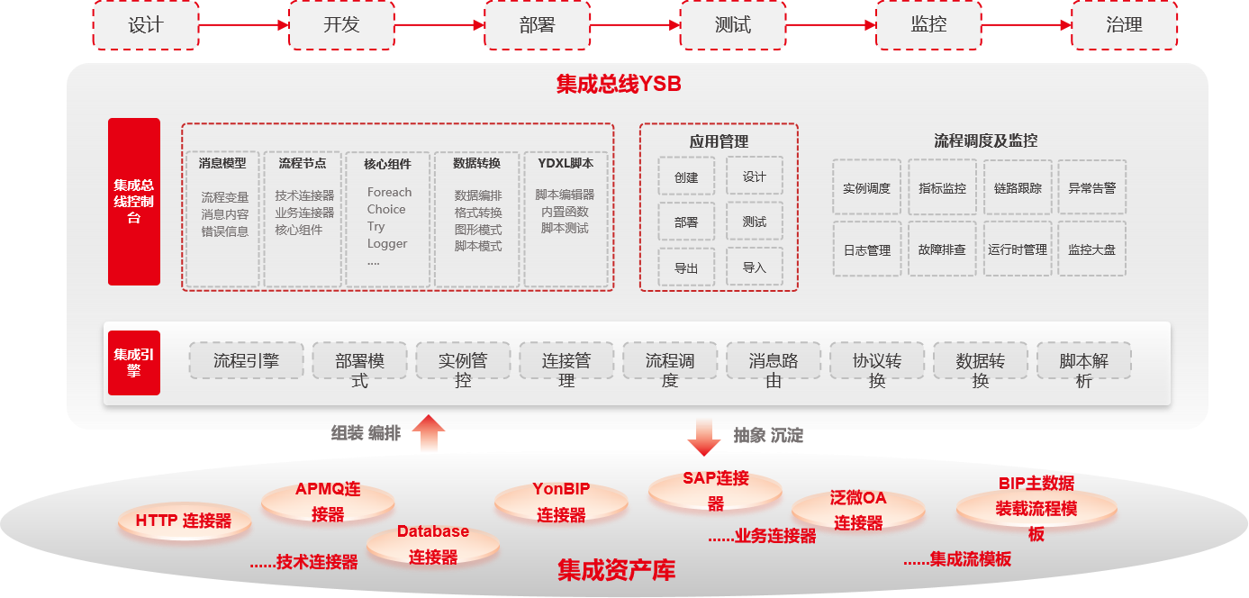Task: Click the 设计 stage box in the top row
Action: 145,25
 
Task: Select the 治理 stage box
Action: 1124,25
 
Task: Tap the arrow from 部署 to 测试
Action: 635,25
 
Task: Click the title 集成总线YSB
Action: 618,85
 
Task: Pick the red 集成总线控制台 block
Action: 134,202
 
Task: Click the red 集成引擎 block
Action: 134,362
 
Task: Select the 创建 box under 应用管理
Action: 686,177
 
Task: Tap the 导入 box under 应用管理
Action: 755,267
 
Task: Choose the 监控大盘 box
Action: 1091,249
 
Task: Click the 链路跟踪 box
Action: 1018,188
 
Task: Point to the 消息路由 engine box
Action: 774,369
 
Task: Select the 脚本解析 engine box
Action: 1084,369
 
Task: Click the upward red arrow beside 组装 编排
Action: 430,433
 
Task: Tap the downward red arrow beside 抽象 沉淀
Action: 704,437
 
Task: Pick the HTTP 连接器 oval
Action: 184,521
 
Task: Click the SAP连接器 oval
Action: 715,490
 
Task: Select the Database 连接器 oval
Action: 433,544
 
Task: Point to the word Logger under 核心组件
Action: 387,243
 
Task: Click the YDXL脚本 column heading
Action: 566,163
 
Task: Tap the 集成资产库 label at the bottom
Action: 616,570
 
